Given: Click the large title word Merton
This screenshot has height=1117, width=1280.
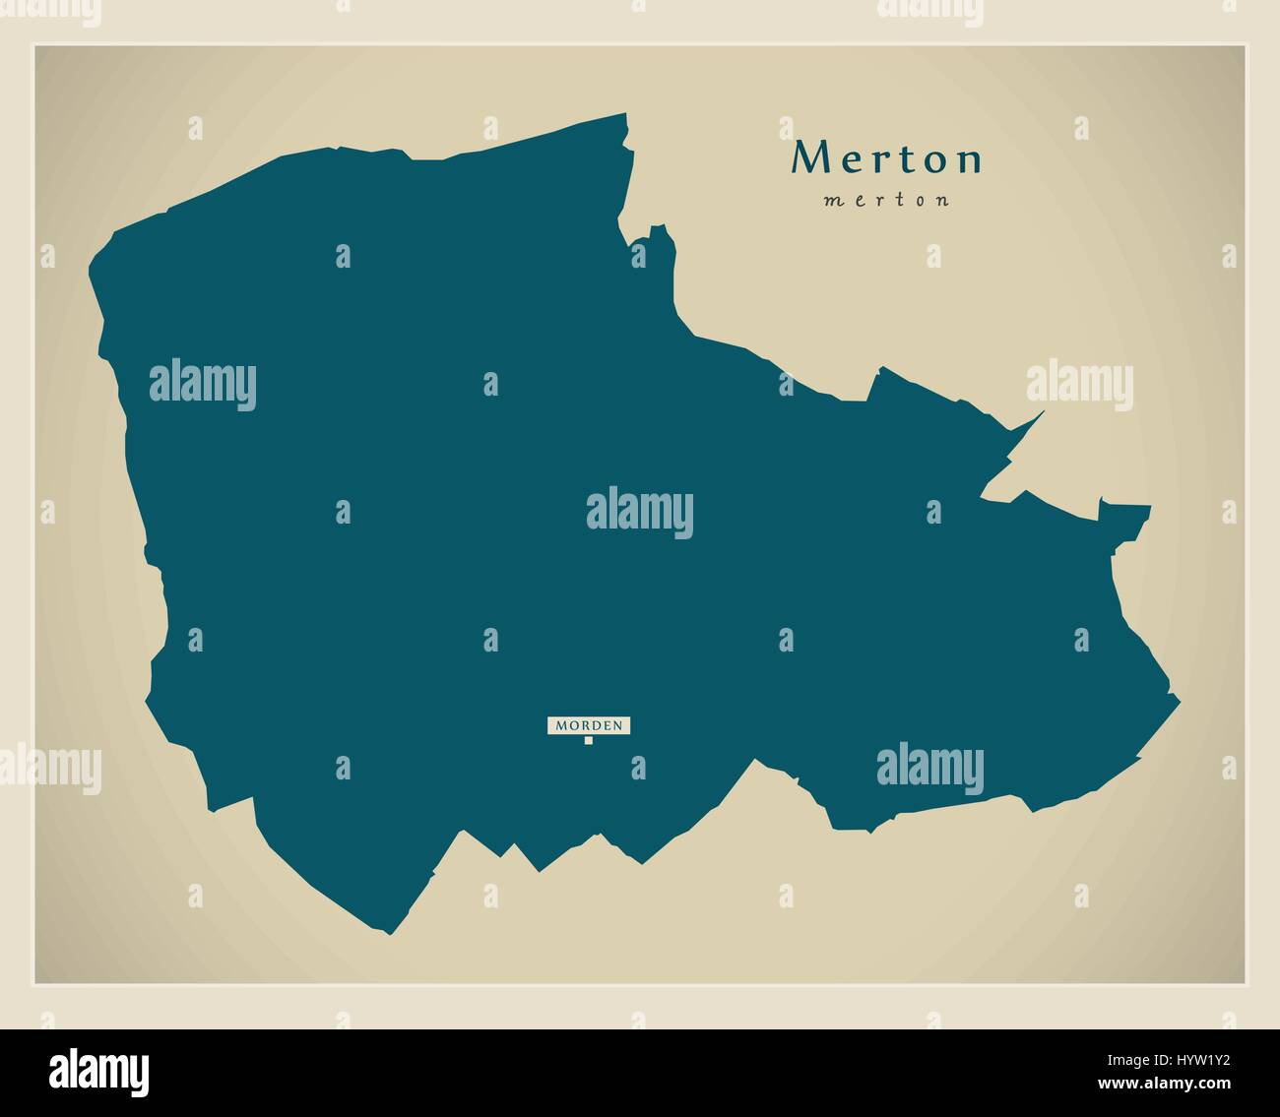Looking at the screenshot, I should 887,158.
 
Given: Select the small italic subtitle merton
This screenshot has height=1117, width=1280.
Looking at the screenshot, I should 886,200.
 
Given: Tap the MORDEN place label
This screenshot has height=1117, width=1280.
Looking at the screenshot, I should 589,725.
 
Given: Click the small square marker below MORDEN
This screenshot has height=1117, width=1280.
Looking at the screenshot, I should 589,741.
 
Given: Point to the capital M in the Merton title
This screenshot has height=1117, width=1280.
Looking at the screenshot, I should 810,157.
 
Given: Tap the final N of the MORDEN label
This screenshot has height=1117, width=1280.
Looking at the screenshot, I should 617,725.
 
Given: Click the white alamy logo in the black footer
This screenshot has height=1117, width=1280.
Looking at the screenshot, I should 99,1072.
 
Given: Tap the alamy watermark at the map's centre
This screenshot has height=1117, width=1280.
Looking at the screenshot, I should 640,513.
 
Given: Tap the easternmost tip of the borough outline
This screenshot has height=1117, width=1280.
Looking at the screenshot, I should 1178,696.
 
